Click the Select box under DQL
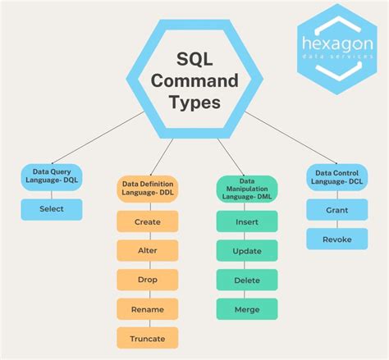tap(51, 209)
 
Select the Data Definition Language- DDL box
tap(148, 189)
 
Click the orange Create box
tap(148, 221)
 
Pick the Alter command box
tap(148, 251)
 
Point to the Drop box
tap(148, 280)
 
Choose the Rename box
tap(148, 309)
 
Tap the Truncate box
tap(148, 338)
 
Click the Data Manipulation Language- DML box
tap(247, 189)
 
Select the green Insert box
tap(247, 221)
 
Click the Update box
tap(247, 250)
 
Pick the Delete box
tap(247, 280)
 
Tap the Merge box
tap(247, 308)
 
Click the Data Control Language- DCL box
tap(336, 177)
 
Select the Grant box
tap(336, 209)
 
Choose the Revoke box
tap(336, 239)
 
